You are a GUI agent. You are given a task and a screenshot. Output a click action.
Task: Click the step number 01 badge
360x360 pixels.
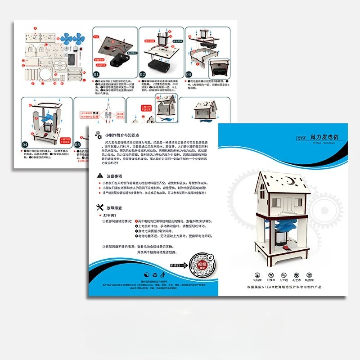pos(96,74)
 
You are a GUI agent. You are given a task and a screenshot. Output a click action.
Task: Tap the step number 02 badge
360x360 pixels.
pos(142,74)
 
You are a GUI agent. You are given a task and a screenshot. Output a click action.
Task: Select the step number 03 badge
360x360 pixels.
pos(189,74)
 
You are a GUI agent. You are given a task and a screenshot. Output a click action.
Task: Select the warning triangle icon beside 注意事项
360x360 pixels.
pos(99,176)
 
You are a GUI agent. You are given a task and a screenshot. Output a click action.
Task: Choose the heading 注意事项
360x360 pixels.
pos(114,176)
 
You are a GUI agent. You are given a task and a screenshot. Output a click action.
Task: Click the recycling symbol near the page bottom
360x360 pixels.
pos(155,274)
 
